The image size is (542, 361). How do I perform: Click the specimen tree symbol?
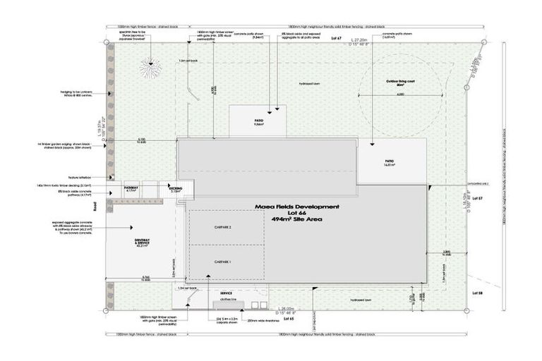[149, 69]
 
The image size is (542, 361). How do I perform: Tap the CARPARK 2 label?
[223, 228]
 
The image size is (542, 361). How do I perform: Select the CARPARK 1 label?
[223, 262]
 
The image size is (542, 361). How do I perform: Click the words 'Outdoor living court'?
[400, 82]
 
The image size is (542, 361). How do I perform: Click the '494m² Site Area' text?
[296, 220]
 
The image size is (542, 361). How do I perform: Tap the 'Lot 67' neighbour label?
[336, 37]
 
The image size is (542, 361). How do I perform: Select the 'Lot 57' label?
[476, 199]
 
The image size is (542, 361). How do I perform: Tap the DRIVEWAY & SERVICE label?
[143, 242]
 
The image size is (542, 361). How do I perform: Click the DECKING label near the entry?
[175, 189]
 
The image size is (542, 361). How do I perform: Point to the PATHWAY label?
[131, 188]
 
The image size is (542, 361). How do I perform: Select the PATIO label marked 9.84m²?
[258, 121]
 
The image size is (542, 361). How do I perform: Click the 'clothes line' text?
[227, 299]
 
